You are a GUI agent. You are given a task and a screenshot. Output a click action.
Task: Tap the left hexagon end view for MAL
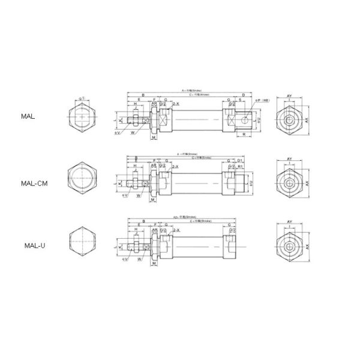pyautogui.click(x=83, y=116)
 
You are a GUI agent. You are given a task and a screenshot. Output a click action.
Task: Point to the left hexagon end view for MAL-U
pyautogui.click(x=83, y=240)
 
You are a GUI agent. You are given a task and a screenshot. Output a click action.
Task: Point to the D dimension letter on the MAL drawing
pyautogui.click(x=242, y=95)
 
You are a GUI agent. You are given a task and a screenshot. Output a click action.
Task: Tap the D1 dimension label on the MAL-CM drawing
pyautogui.click(x=239, y=160)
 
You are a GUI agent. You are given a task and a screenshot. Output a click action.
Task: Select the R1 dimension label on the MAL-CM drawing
pyautogui.click(x=239, y=166)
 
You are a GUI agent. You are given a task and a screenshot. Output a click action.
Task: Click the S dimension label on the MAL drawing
pyautogui.click(x=241, y=101)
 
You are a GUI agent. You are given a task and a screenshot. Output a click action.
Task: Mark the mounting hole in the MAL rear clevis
pyautogui.click(x=245, y=119)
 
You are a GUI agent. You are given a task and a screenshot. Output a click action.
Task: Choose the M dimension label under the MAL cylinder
pyautogui.click(x=154, y=137)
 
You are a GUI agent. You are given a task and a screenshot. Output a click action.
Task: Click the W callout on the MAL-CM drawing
pyautogui.click(x=139, y=196)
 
